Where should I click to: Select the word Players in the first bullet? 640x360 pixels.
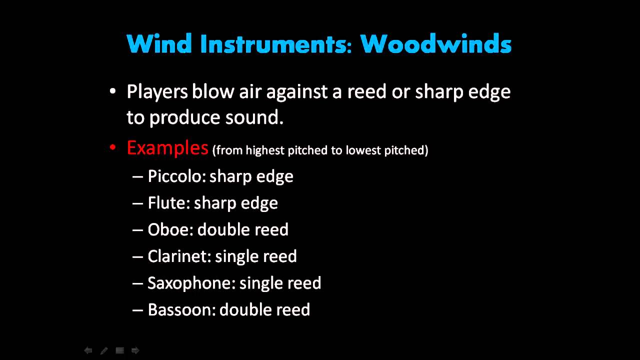pos(157,92)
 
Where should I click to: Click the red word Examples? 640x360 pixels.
pos(167,148)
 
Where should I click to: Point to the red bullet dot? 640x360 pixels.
pos(113,147)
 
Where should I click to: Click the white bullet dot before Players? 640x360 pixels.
pos(113,91)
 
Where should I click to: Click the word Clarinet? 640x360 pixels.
pos(178,256)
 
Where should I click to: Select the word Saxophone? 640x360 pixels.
pos(190,283)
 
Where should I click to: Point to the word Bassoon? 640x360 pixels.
pos(180,310)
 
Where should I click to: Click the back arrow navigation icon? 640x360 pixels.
pos(88,350)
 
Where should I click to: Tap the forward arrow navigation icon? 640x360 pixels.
pos(135,350)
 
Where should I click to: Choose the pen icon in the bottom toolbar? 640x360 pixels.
pos(104,350)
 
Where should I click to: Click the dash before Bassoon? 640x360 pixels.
pos(137,310)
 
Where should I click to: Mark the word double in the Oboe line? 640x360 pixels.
pos(217,229)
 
